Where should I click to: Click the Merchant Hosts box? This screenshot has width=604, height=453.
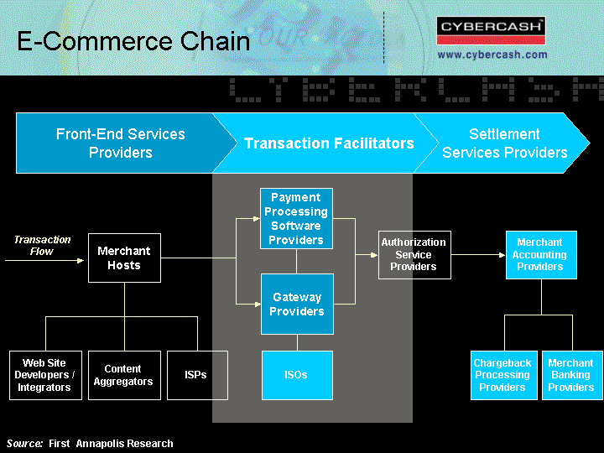coord(124,258)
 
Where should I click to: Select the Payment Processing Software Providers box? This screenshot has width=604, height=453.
coord(296,218)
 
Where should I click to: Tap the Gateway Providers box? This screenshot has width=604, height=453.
coord(297,304)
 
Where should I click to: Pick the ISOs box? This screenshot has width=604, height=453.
coord(297,375)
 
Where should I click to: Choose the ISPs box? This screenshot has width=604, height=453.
coord(197,375)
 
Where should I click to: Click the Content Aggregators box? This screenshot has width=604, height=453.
coord(124,375)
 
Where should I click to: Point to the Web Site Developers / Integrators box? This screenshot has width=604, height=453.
coord(45,375)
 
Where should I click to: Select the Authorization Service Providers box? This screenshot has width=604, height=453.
coord(414,255)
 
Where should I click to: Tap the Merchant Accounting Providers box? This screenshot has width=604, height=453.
coord(541,255)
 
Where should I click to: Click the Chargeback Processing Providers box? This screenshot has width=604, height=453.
coord(504,375)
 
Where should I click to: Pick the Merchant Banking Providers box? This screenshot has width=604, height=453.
coord(572,375)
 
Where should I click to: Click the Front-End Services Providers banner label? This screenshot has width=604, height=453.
coord(121,143)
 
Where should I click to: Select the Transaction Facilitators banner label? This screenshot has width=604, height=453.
coord(329,143)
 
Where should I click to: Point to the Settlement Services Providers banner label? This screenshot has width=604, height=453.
coord(505,143)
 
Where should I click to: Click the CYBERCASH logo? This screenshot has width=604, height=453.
coord(491,30)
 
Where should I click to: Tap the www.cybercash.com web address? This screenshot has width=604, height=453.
coord(492,55)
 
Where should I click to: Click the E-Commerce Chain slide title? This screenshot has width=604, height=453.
coord(133,41)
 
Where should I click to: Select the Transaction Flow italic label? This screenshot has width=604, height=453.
coord(42,245)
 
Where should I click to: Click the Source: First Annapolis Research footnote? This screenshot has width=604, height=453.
coord(90,444)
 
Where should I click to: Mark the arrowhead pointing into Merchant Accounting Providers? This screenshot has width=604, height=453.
coord(502,255)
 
